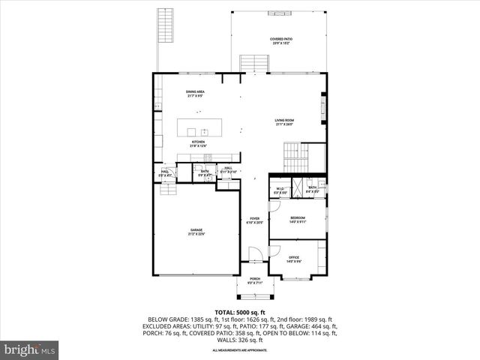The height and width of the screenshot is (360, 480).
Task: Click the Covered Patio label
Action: pyautogui.click(x=281, y=41)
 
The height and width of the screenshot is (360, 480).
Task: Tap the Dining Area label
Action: pyautogui.click(x=196, y=94)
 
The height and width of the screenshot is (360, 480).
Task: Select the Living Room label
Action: pyautogui.click(x=283, y=122)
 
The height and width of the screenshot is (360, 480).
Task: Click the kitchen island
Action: pyautogui.click(x=202, y=127)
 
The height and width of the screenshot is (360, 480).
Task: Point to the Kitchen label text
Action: pyautogui.click(x=198, y=143)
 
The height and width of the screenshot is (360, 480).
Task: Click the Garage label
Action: pyautogui.click(x=196, y=232)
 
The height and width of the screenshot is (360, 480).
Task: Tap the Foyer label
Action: pyautogui.click(x=255, y=220)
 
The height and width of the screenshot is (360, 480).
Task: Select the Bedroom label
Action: pyautogui.click(x=298, y=220)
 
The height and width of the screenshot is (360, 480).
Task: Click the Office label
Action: pyautogui.click(x=294, y=259)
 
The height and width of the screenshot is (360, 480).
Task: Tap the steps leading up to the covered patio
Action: pyautogui.click(x=253, y=63)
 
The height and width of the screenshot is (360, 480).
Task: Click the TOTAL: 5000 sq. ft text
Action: pyautogui.click(x=239, y=312)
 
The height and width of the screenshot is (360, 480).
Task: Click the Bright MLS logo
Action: pyautogui.click(x=30, y=349)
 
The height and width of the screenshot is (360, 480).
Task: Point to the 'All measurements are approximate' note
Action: pyautogui.click(x=239, y=350)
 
